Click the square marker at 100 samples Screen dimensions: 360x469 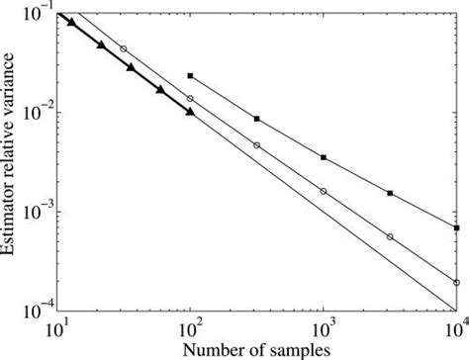pyautogui.click(x=190, y=76)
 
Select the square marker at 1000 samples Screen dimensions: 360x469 pyautogui.click(x=324, y=157)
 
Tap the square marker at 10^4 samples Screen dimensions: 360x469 pyautogui.click(x=456, y=228)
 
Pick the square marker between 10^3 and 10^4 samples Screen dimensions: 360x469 pyautogui.click(x=390, y=193)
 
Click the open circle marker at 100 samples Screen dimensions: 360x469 pyautogui.click(x=190, y=99)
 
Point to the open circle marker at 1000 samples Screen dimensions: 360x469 pyautogui.click(x=324, y=191)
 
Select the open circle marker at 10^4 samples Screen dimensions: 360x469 pyautogui.click(x=456, y=283)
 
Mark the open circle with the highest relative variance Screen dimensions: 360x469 pyautogui.click(x=124, y=48)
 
